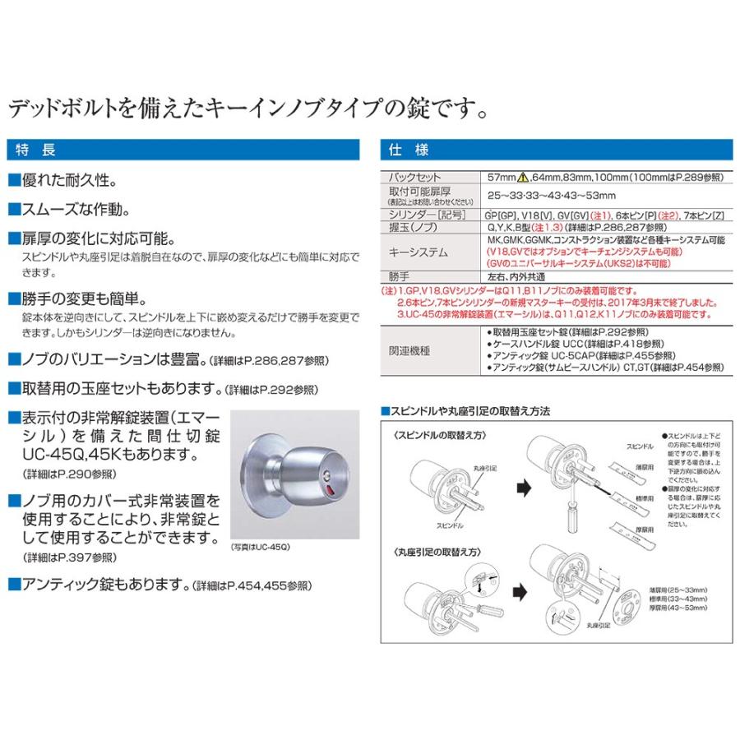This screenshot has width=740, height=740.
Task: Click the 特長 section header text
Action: pos(37,150)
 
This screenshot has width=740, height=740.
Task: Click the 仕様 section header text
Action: pos(405,150)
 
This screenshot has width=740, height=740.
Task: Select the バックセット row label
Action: pos(417,177)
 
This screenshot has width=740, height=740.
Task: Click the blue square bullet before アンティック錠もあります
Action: pos(13,585)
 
